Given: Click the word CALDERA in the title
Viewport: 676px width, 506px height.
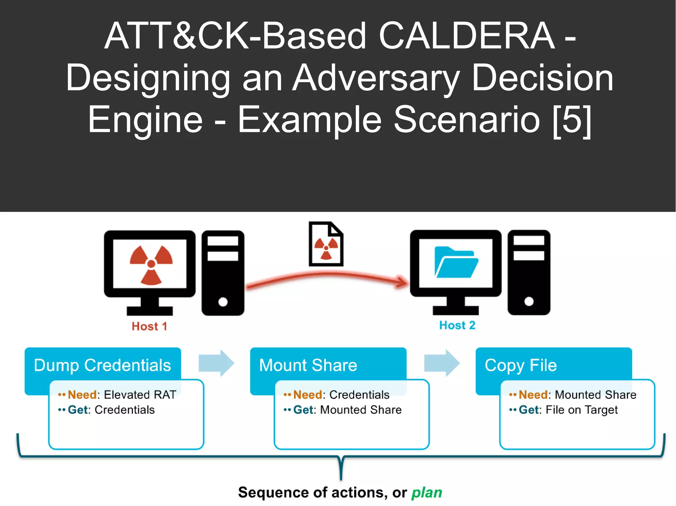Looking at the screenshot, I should [466, 36].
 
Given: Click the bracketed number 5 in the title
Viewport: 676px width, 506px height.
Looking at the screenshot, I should [571, 120].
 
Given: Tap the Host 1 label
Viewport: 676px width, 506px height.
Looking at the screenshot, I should [149, 326].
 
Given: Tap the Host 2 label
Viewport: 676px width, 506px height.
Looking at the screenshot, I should [457, 325].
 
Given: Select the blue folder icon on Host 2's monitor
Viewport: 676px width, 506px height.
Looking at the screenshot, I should [456, 262].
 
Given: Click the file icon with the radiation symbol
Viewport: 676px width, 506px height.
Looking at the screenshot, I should [326, 244].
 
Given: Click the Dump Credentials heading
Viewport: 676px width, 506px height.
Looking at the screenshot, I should [102, 365].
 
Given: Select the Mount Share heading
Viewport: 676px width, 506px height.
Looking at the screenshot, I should [308, 365].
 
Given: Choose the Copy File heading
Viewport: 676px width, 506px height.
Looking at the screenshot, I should [521, 365].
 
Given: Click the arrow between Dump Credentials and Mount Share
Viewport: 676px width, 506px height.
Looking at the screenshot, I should [216, 363].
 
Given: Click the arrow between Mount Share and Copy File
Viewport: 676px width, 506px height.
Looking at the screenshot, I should [442, 363].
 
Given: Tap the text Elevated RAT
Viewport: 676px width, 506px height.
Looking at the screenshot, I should [140, 395].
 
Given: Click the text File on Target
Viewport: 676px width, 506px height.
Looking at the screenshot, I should [581, 410].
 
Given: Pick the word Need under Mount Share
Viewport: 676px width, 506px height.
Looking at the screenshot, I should [307, 395].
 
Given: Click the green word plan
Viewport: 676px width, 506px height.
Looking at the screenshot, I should [426, 493].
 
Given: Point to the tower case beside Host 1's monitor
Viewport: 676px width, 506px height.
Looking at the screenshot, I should [223, 273].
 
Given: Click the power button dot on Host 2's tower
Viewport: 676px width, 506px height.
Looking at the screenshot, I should [529, 301].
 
